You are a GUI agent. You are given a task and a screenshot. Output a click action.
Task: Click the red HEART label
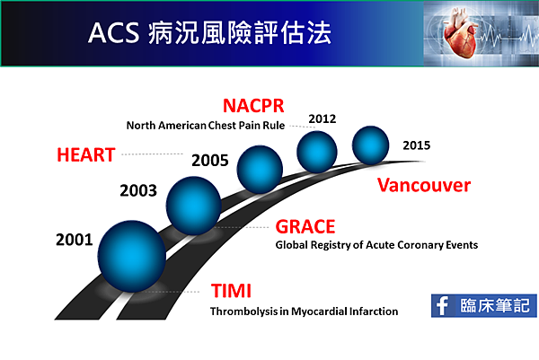click(86, 154)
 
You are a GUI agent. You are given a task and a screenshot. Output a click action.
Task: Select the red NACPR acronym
click(253, 105)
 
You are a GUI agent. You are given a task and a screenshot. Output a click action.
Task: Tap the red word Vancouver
click(424, 185)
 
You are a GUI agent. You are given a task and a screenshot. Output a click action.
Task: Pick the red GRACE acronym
click(305, 227)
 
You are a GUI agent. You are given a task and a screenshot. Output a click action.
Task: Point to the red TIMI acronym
click(231, 291)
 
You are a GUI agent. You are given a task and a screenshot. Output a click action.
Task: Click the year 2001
click(75, 240)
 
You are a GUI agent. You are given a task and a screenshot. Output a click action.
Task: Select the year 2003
click(138, 190)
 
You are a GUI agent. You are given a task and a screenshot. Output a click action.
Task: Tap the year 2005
click(210, 161)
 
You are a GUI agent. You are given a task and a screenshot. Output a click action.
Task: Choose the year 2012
click(323, 119)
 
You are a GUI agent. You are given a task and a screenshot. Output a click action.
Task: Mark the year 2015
click(416, 145)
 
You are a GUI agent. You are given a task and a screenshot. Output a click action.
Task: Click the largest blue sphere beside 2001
click(132, 256)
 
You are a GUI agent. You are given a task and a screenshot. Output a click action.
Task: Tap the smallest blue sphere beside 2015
click(370, 145)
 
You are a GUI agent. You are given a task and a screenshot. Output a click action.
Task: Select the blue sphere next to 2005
click(260, 170)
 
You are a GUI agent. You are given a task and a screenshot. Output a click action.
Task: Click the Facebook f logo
click(442, 306)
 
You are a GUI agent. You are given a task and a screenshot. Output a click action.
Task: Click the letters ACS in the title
click(113, 33)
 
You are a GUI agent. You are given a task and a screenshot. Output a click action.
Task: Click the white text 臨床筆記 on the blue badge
click(495, 305)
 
